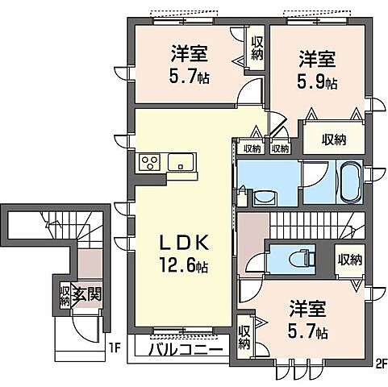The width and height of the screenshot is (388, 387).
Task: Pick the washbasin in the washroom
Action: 264,197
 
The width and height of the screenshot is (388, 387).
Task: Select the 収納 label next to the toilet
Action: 349,260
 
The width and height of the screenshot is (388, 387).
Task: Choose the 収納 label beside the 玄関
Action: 65,295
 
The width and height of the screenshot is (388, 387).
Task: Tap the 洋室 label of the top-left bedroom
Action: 189,54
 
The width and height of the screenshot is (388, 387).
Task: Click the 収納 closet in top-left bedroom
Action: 257,49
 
